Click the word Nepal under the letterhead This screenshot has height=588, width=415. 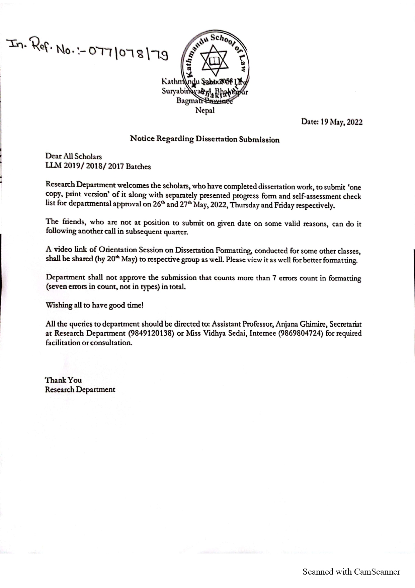coord(205,110)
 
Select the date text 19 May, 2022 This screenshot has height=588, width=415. coord(341,122)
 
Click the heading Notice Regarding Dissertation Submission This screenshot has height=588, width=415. coord(204,139)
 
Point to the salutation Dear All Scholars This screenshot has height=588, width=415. coord(74,156)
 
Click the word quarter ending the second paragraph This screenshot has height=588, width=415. coord(175,232)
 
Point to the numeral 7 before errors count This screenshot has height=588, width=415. coord(274,278)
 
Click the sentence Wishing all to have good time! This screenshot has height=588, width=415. coord(94,305)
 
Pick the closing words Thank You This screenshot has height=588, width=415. coord(63,380)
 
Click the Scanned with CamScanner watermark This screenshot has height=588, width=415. coord(351,572)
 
